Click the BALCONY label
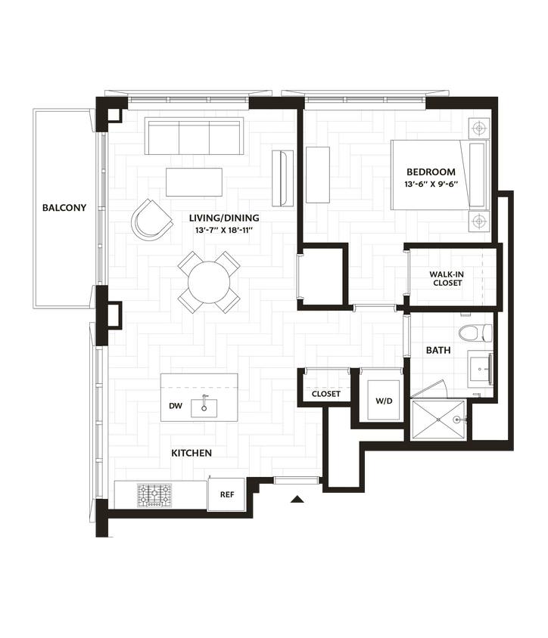coord(64,207)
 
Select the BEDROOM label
coord(431,172)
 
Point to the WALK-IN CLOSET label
coord(447,278)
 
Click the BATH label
coord(438,350)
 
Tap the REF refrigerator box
coord(226,494)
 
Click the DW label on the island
coord(176,406)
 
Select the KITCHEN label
coord(191,453)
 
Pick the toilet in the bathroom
coord(476,333)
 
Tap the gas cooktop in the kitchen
coord(154,495)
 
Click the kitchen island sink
coord(204,407)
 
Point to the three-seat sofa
coord(194,136)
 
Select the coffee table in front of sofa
coord(194,181)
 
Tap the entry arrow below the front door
coord(297,498)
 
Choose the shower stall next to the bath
coord(438,420)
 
